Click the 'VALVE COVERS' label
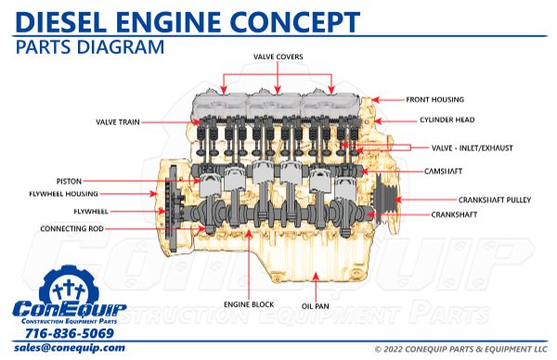tap(278, 57)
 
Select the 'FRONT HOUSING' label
tap(434, 99)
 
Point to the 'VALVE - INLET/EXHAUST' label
tap(472, 148)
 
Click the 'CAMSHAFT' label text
tap(443, 172)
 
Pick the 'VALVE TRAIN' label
tap(120, 122)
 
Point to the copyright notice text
tap(460, 349)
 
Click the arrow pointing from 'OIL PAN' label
tap(316, 282)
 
